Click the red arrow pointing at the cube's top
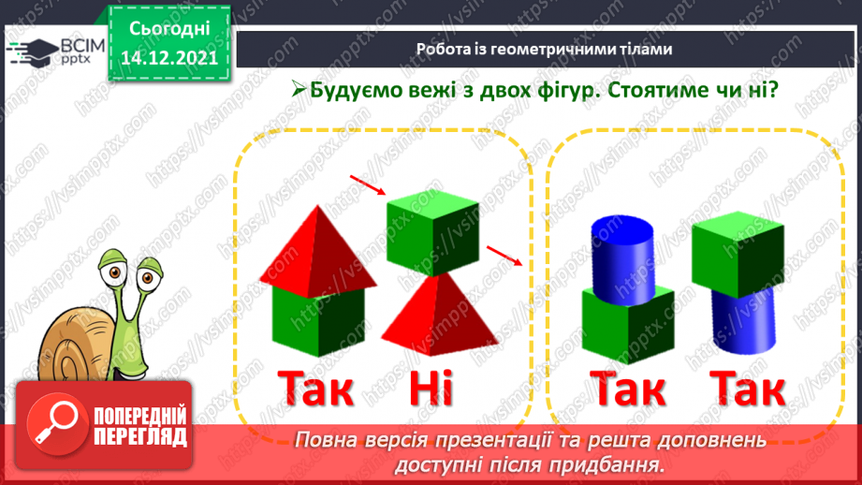pyautogui.click(x=367, y=185)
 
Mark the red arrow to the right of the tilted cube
pyautogui.click(x=504, y=255)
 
